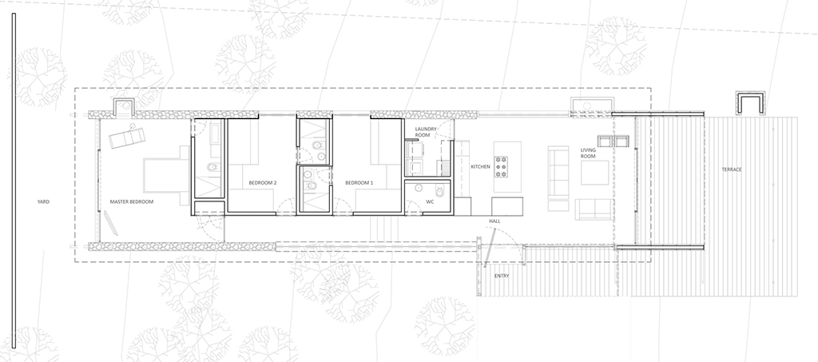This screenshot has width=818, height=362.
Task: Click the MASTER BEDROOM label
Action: pos(131,202)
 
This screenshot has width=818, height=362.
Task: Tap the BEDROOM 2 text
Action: pos(263,183)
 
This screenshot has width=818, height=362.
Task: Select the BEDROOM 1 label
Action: pos(359,183)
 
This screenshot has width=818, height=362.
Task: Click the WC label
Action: pos(429,202)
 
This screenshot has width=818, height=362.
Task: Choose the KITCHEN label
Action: pos(480,167)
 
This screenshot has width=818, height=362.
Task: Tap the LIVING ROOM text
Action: pos(589,153)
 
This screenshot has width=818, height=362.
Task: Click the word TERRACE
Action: pos(732,170)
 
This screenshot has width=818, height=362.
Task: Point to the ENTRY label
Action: pos(502,276)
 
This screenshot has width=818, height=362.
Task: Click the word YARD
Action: pos(43,202)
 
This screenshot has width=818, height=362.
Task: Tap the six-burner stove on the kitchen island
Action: pos(502,166)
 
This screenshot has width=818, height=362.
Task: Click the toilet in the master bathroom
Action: pos(211,167)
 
